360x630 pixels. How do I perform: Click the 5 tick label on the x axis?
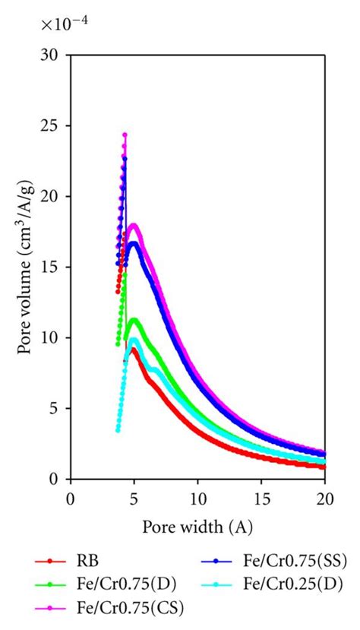134,499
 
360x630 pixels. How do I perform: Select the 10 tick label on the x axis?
197,499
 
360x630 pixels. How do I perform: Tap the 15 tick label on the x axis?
261,499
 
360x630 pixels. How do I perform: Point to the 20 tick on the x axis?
324,499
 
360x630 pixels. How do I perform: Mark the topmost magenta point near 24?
125,135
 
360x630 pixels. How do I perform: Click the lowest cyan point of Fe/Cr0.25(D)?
117,430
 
